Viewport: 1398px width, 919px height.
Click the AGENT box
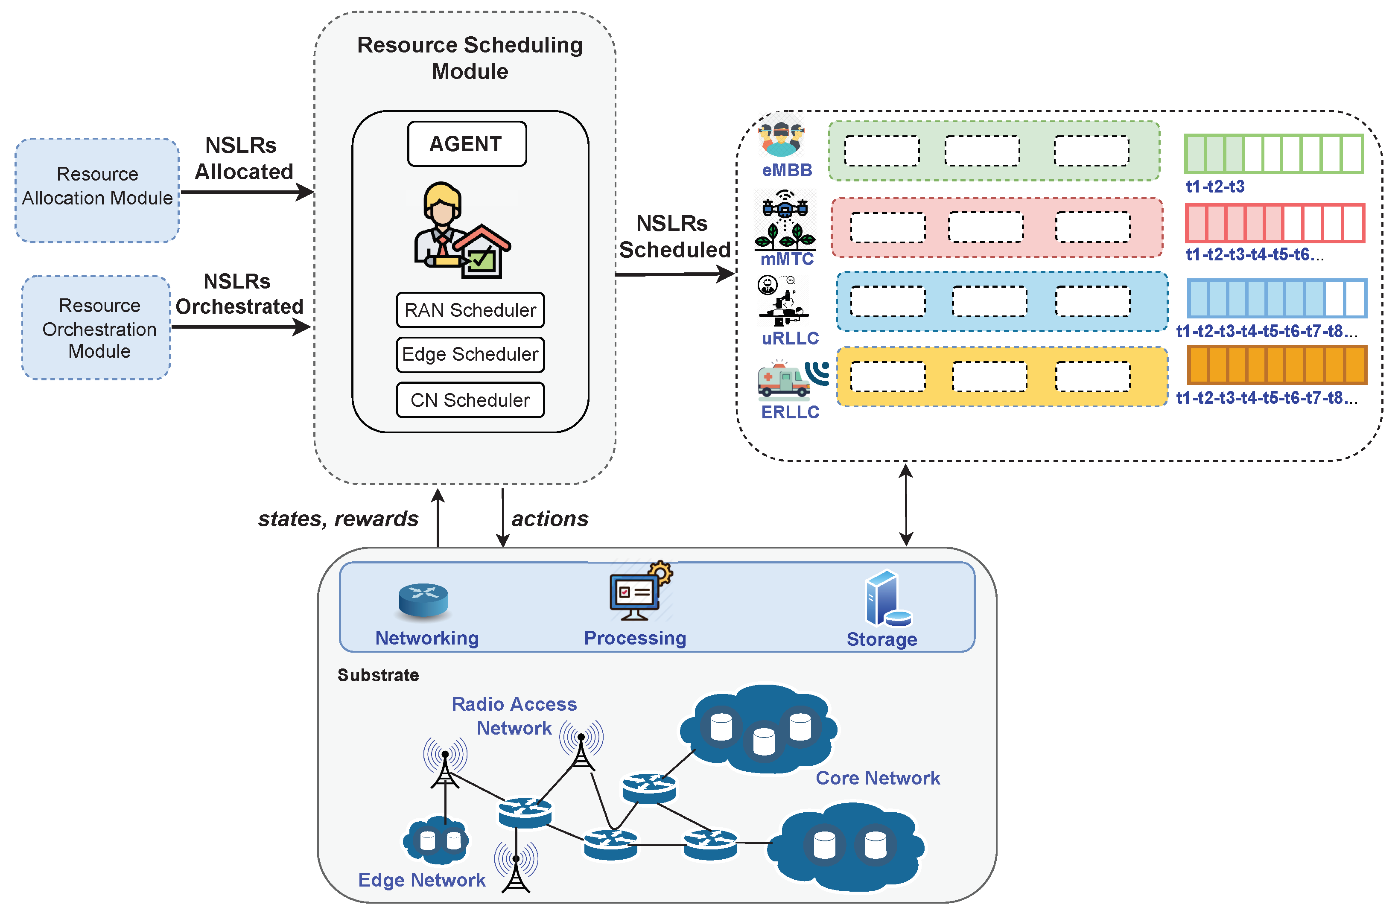(x=467, y=144)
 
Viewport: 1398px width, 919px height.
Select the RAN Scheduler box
(x=470, y=310)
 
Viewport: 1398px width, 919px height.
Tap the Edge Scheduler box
(x=470, y=355)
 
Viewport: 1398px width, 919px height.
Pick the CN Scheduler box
(x=470, y=400)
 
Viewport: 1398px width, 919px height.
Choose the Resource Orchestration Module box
(x=97, y=328)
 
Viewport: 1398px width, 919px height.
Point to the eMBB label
(x=787, y=170)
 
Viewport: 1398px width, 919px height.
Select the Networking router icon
(x=423, y=600)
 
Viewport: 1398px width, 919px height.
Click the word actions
(x=550, y=519)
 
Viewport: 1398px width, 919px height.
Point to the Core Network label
(x=878, y=778)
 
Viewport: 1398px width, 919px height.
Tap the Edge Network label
(x=422, y=880)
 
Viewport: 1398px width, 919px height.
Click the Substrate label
(x=378, y=675)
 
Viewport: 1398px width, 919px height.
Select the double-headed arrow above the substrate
(x=906, y=505)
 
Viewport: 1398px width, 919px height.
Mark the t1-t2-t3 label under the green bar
(x=1215, y=187)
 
